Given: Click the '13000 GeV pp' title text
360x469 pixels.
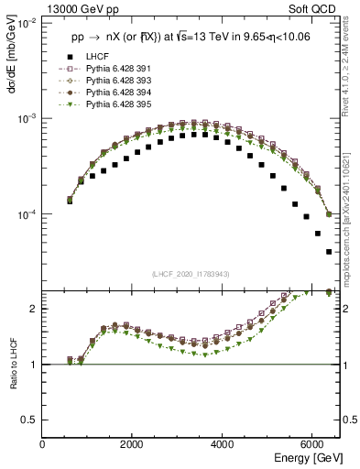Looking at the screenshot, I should coord(82,11).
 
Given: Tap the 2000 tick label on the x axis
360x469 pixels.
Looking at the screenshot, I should coord(133,444).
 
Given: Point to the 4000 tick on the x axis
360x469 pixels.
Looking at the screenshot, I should coord(223,444).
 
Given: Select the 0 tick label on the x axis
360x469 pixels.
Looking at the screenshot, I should coord(43,444).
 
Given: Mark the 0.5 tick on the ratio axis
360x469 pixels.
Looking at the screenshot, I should coord(30,420).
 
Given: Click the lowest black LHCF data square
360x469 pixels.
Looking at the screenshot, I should coord(329,252).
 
